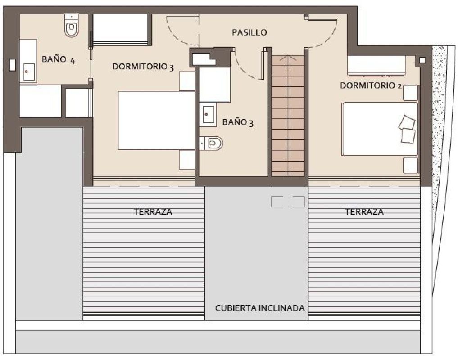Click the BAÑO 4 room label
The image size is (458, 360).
[x=58, y=59]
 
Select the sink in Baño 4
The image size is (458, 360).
[x=28, y=71]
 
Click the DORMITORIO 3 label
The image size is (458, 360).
[x=143, y=67]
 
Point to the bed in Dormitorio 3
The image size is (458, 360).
[x=156, y=121]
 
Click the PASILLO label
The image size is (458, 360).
[x=249, y=32]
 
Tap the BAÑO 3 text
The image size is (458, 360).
[x=238, y=122]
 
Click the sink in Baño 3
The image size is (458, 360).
[x=209, y=114]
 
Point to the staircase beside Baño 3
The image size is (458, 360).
[x=288, y=115]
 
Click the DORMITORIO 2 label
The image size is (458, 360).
[x=371, y=85]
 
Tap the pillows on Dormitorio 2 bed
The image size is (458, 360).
[x=407, y=129]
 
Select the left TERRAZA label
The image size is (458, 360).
[x=153, y=211]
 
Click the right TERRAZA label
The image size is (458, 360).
[x=364, y=211]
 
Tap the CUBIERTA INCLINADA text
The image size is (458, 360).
[x=260, y=308]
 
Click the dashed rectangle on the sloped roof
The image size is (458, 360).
[x=288, y=202]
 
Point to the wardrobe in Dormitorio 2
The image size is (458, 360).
[x=376, y=66]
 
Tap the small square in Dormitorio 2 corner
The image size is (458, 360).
[x=422, y=60]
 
